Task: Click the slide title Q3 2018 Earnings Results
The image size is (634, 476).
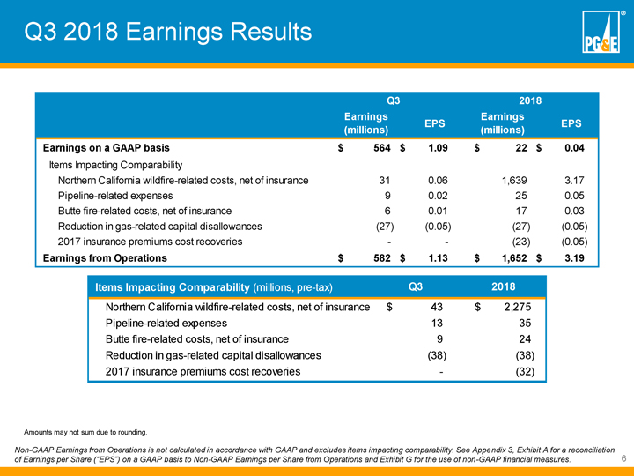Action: (167, 32)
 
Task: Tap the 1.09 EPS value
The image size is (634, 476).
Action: (439, 146)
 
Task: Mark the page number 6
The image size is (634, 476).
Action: (623, 459)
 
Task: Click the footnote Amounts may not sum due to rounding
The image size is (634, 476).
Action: (85, 432)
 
